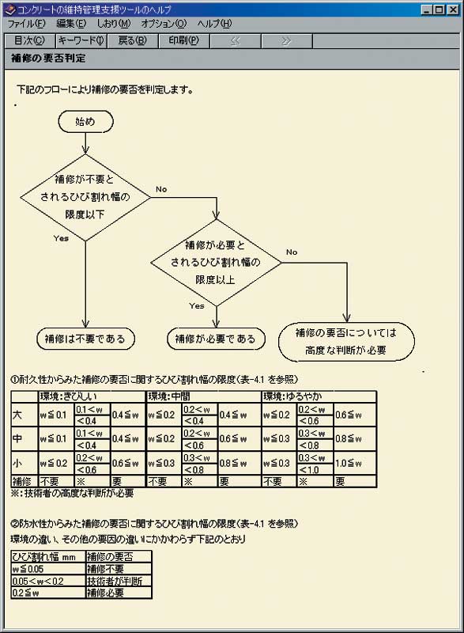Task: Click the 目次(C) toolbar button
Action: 29,41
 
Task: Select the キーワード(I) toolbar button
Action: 81,41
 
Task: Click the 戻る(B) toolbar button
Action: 132,41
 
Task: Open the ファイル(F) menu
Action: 26,24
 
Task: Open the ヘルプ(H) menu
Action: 214,24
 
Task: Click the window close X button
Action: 453,9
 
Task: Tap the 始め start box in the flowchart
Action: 85,122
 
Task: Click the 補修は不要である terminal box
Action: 85,339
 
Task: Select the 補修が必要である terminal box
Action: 216,339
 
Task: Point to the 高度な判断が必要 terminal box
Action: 346,342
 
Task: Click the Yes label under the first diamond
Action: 61,238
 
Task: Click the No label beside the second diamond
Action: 292,252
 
